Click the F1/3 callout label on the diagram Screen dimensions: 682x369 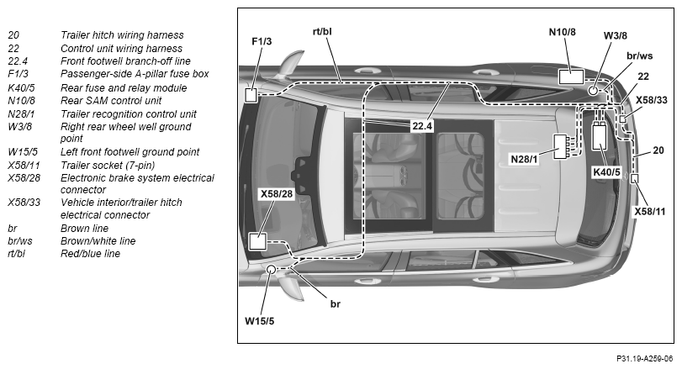pyautogui.click(x=262, y=41)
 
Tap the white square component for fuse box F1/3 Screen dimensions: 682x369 pyautogui.click(x=251, y=95)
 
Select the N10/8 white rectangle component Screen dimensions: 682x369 pyautogui.click(x=571, y=76)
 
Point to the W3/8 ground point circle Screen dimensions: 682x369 pyautogui.click(x=594, y=91)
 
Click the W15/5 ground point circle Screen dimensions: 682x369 pyautogui.click(x=271, y=270)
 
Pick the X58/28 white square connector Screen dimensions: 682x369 pyautogui.click(x=257, y=241)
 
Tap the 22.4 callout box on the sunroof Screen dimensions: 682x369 pyautogui.click(x=422, y=126)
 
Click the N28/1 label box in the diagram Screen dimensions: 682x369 pyautogui.click(x=524, y=159)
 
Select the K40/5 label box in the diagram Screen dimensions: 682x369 pyautogui.click(x=606, y=172)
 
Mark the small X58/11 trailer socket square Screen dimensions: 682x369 pyautogui.click(x=634, y=179)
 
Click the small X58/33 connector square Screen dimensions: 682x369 pyautogui.click(x=623, y=119)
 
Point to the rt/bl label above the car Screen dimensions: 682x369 pyautogui.click(x=322, y=31)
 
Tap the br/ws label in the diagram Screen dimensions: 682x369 pyautogui.click(x=639, y=56)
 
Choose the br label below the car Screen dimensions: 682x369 pyautogui.click(x=335, y=304)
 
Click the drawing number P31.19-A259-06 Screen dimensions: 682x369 pyautogui.click(x=644, y=359)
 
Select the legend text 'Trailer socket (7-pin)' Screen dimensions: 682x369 pyautogui.click(x=108, y=165)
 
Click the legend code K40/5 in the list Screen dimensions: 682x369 pyautogui.click(x=21, y=87)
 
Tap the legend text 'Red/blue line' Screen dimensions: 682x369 pyautogui.click(x=90, y=253)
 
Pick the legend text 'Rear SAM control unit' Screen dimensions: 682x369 pyautogui.click(x=111, y=100)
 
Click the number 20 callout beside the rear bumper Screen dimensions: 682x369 pyautogui.click(x=658, y=150)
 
